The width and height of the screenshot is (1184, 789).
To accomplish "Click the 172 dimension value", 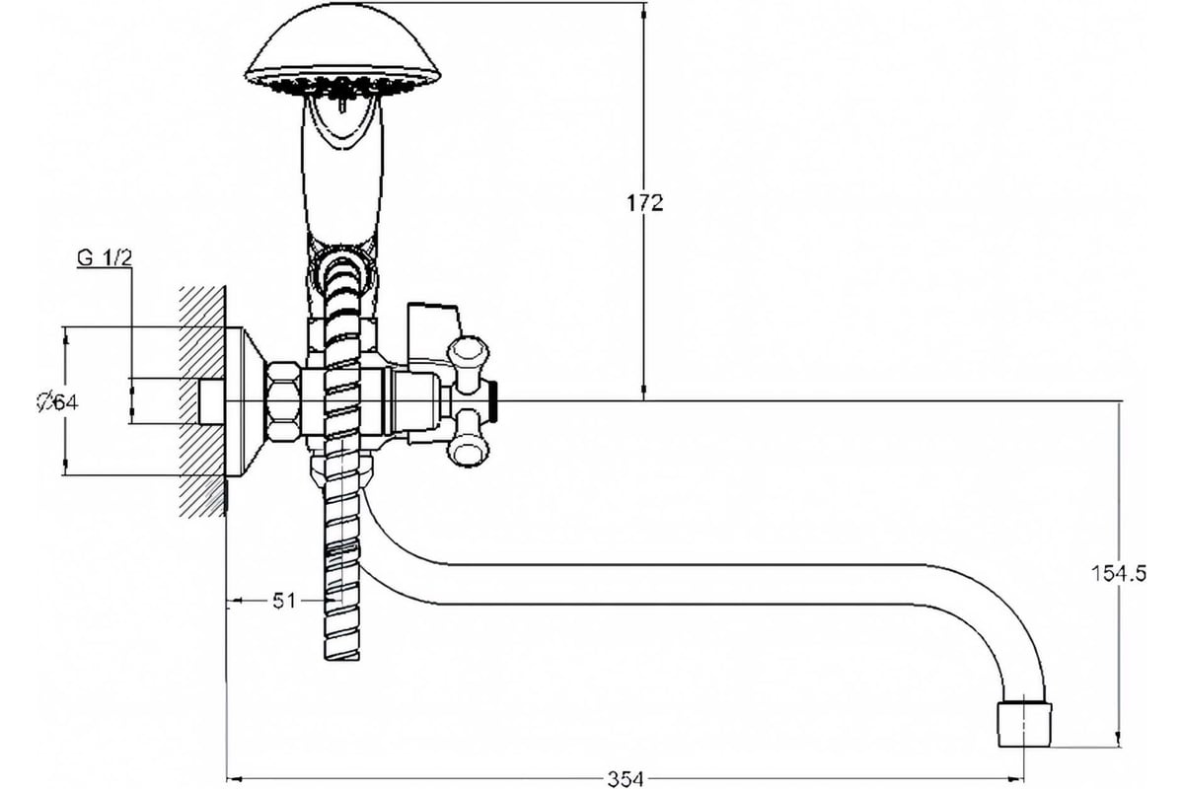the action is pos(644,203).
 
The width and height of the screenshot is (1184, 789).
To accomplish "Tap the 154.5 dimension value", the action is pos(1119,573).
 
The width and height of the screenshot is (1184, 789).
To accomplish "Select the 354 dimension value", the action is pos(626,779).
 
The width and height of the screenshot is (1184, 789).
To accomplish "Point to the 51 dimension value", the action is pos(284,601).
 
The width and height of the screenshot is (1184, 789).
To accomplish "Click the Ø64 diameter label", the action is pos(57,402).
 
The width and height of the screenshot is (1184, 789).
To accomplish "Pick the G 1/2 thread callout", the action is pos(105,258).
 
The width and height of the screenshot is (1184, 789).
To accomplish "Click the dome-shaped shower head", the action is pos(342,50).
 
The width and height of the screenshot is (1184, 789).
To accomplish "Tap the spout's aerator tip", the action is pos(1024,724).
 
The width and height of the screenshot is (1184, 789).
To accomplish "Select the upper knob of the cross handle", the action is pos(469,358).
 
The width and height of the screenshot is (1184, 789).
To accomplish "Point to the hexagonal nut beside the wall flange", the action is pos(283,402).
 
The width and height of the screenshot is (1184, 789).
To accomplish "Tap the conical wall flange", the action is pos(245,401).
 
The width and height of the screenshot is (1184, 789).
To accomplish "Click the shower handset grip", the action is pos(342,175).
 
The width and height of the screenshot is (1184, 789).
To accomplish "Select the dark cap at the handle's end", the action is pos(493,402).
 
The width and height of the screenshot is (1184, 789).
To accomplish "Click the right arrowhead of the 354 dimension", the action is pos(1016,778).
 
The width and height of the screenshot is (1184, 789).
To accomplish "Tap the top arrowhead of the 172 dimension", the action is pos(643,12).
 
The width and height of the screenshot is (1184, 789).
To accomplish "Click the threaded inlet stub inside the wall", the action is pos(212,401).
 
